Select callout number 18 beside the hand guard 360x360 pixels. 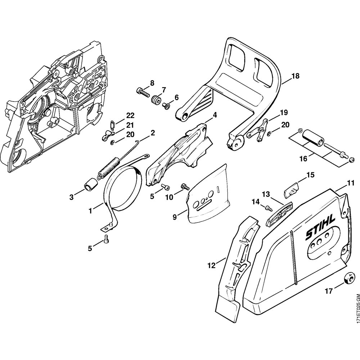(295, 76)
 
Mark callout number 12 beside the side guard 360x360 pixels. (211, 265)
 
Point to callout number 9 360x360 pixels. (175, 217)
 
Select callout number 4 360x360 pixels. (215, 115)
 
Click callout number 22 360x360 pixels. (130, 116)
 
